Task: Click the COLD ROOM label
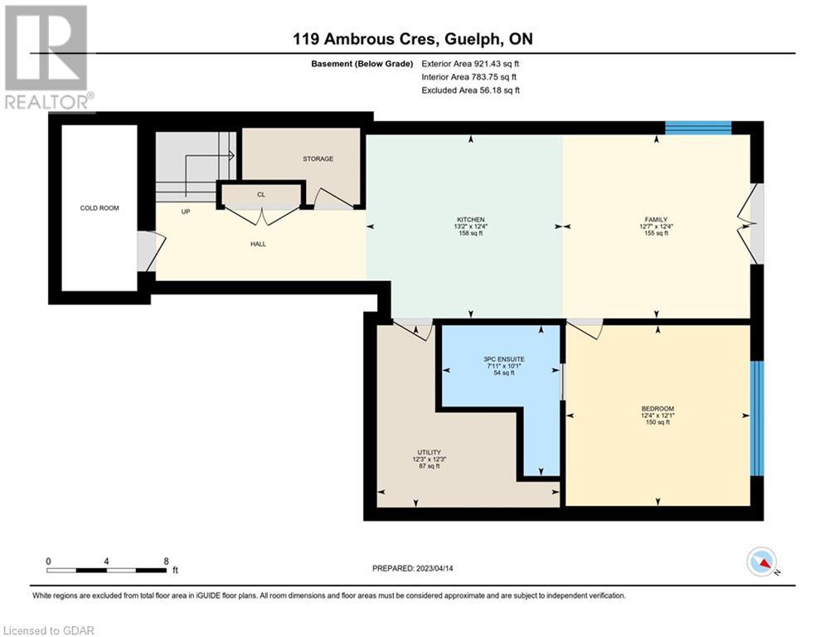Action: [x=99, y=208]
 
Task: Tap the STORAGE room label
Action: [x=318, y=158]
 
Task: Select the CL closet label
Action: [x=261, y=194]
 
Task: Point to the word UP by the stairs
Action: [x=185, y=212]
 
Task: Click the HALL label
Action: [x=258, y=244]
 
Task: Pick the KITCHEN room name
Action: [x=470, y=220]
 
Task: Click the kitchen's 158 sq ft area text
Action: [x=470, y=233]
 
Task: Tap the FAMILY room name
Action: [x=656, y=220]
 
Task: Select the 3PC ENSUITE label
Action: [x=504, y=359]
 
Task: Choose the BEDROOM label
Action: [x=658, y=409]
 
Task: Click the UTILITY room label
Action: [x=429, y=452]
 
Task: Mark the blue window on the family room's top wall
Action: [x=698, y=128]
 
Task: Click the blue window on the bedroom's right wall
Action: [x=757, y=419]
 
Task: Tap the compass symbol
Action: [x=762, y=562]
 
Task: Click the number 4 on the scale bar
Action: [x=106, y=562]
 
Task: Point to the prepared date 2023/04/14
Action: [x=434, y=568]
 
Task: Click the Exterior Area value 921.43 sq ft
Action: [x=497, y=64]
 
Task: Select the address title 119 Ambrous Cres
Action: [x=364, y=39]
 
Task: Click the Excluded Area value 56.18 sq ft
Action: [x=499, y=90]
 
